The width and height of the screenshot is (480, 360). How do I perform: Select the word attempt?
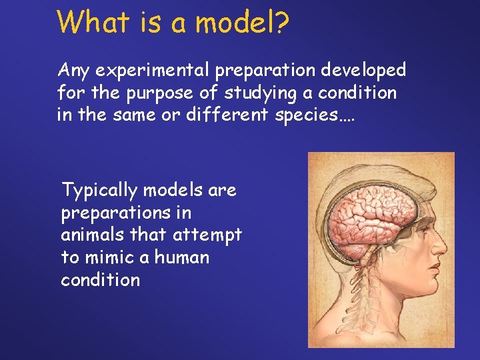click(210, 235)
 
